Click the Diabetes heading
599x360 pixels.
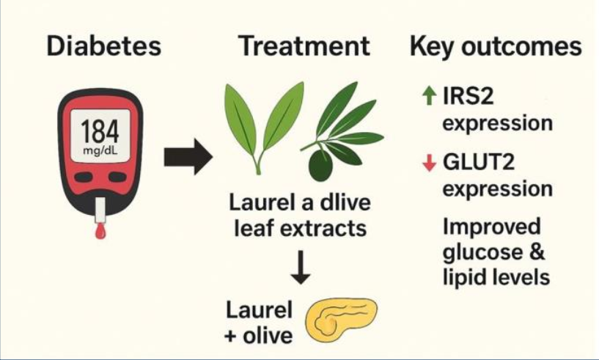tap(104, 46)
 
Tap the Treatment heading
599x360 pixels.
tap(304, 46)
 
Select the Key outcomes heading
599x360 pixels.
tap(496, 47)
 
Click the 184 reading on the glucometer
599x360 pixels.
tap(100, 131)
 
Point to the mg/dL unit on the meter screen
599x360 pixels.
tap(100, 150)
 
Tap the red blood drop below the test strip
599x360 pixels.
tap(100, 232)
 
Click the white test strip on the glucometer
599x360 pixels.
tap(100, 210)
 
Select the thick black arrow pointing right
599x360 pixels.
tap(188, 157)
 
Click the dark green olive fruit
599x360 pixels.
tap(320, 166)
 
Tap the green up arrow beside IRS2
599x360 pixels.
tap(430, 95)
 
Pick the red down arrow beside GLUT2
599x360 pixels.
tap(430, 163)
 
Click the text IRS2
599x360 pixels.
tap(468, 95)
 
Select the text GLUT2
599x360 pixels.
tap(479, 162)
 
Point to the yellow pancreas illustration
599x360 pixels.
tap(341, 320)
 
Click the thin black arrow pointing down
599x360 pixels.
tap(301, 267)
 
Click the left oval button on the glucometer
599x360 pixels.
tap(83, 177)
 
